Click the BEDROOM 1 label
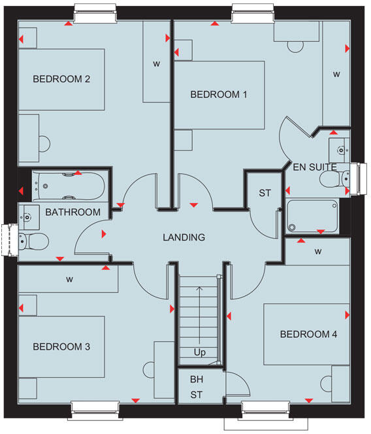coord(219,95)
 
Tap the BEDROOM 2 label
coord(61,80)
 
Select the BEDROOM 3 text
coord(61,346)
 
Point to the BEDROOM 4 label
coord(308,335)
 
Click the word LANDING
coord(184,237)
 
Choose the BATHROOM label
coord(73,212)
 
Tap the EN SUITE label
coord(315,167)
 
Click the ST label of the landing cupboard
coord(265,193)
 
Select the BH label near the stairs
coord(197,379)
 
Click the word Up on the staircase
coord(200,353)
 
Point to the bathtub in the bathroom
coord(68,186)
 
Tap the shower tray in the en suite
coord(314,216)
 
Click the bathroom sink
coord(28,214)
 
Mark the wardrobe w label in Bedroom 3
coord(69,279)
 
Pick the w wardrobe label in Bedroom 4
coord(318,252)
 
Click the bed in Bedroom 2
coord(61,79)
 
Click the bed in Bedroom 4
coord(306,335)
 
